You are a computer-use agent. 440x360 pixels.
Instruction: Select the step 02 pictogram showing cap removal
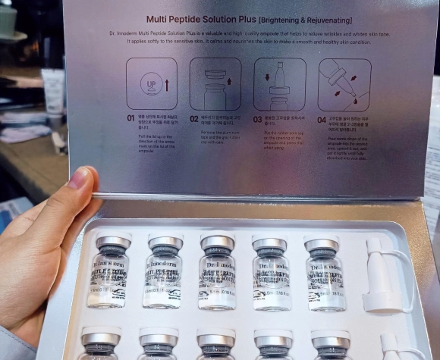tap(215, 84)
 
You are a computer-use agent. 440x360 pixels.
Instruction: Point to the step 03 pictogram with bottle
tap(279, 84)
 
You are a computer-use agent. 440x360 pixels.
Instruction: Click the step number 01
tap(130, 119)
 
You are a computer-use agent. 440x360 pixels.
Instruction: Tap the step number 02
tap(194, 119)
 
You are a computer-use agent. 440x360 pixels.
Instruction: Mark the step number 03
tap(258, 119)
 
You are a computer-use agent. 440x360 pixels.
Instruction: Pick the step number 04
tap(322, 119)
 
